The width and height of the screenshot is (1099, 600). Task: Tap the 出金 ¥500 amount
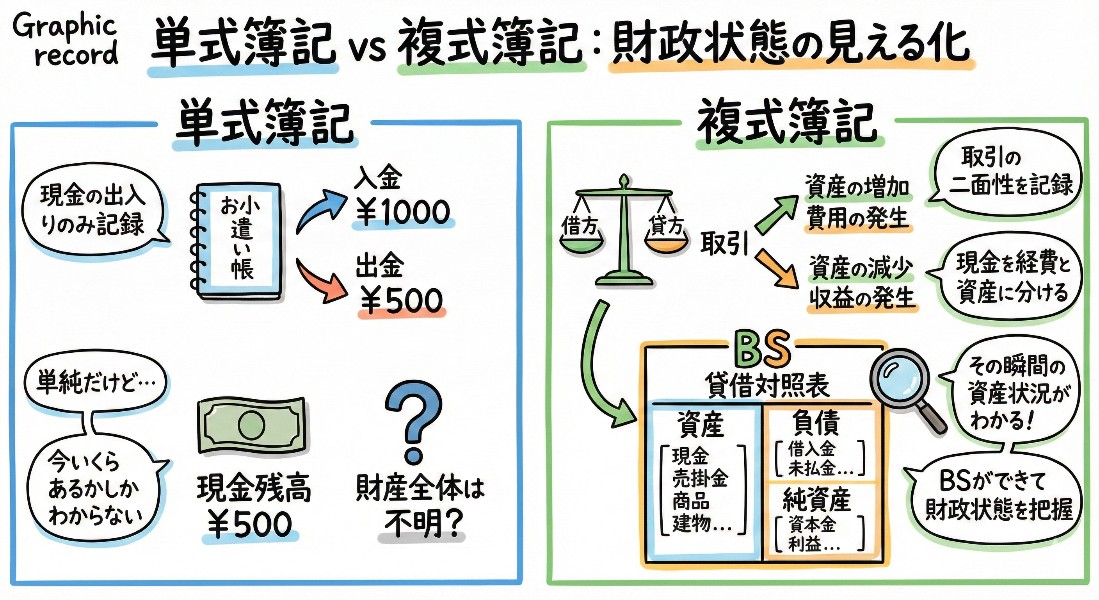click(x=402, y=300)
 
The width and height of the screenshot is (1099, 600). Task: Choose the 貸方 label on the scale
click(x=665, y=225)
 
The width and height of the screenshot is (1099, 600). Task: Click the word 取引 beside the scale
click(x=724, y=244)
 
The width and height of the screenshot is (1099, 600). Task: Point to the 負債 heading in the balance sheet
click(x=816, y=423)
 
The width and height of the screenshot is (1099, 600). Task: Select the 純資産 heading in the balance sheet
click(x=816, y=499)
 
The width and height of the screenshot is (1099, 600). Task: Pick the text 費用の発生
click(x=857, y=219)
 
